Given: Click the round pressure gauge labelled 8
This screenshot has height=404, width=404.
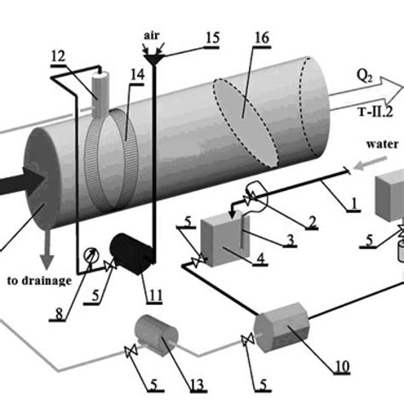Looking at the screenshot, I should [x=90, y=253].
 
